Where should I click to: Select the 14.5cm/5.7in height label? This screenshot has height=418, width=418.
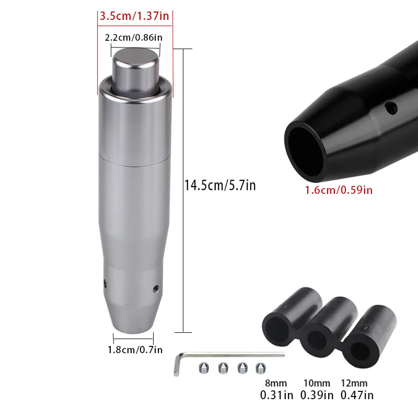(x=220, y=185)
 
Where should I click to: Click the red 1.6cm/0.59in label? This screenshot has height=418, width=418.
(x=339, y=190)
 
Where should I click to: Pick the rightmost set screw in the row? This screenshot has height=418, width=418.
(x=259, y=368)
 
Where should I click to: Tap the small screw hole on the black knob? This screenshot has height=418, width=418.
(x=389, y=109)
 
